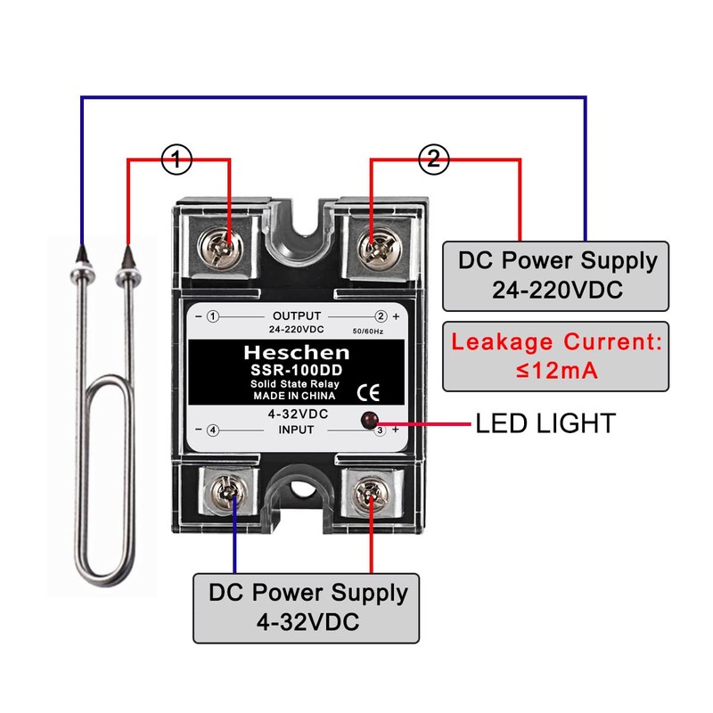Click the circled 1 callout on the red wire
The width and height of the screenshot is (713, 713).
coord(176,160)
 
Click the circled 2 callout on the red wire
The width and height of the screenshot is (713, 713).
coord(433,160)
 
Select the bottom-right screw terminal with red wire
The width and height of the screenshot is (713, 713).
coord(372,493)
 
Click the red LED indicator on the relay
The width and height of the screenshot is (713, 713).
coord(366,421)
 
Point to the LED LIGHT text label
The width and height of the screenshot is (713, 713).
coord(545,422)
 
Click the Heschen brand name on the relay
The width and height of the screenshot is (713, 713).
coord(294,352)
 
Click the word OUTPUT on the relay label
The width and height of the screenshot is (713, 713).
coord(296,316)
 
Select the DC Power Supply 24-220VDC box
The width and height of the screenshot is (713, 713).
coord(557,275)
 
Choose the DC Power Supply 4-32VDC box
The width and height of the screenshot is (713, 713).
coord(307,606)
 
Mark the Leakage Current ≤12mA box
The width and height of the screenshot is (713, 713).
coord(557,355)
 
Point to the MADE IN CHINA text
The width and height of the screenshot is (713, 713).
coord(294,396)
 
